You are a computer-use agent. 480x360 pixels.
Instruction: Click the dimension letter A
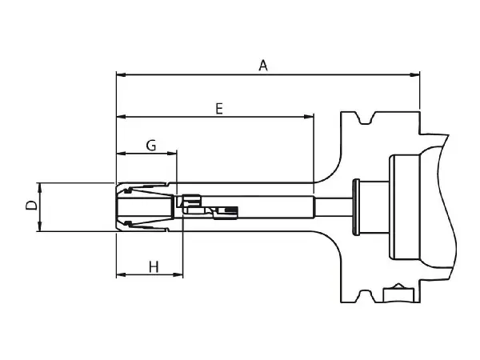pyautogui.click(x=263, y=66)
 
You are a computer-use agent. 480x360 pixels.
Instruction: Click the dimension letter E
pyautogui.click(x=219, y=109)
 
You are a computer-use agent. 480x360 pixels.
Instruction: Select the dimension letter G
pyautogui.click(x=151, y=145)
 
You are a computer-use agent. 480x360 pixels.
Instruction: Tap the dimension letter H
pyautogui.click(x=154, y=266)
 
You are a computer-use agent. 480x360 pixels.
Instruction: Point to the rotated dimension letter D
pyautogui.click(x=31, y=206)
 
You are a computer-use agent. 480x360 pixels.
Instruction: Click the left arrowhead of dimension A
pyautogui.click(x=122, y=74)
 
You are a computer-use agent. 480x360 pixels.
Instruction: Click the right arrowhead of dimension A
pyautogui.click(x=414, y=74)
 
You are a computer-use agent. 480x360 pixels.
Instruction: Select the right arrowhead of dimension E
pyautogui.click(x=309, y=117)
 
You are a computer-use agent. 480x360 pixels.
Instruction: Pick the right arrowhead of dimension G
pyautogui.click(x=172, y=153)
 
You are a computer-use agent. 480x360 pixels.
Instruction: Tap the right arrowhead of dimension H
pyautogui.click(x=178, y=274)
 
